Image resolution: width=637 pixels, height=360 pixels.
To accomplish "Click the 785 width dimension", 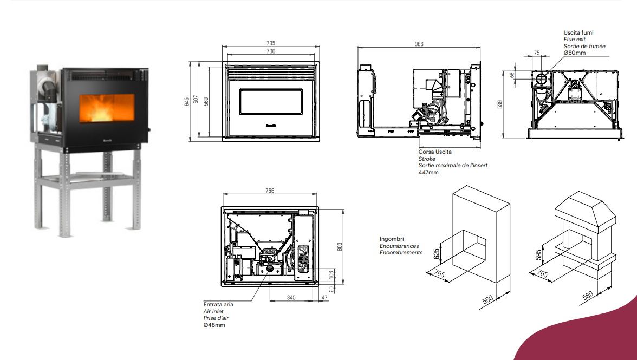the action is pyautogui.click(x=271, y=43).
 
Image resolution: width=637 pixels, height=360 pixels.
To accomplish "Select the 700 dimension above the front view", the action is pyautogui.click(x=271, y=51).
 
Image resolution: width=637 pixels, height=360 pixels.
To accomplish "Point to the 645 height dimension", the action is pyautogui.click(x=187, y=101).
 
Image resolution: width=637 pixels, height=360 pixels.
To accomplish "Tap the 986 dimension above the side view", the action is pyautogui.click(x=419, y=44).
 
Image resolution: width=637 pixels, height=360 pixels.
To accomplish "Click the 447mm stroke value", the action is pyautogui.click(x=428, y=172).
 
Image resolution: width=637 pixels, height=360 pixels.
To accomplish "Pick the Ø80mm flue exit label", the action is pyautogui.click(x=574, y=53).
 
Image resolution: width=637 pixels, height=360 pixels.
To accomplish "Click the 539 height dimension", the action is pyautogui.click(x=500, y=104).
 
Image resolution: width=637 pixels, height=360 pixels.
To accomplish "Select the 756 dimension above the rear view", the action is pyautogui.click(x=270, y=191).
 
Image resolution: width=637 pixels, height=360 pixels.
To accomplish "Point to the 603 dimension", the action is pyautogui.click(x=340, y=247).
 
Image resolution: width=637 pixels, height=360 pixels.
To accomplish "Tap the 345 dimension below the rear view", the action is pyautogui.click(x=291, y=298).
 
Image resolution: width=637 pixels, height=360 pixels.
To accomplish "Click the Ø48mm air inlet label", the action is pyautogui.click(x=214, y=325).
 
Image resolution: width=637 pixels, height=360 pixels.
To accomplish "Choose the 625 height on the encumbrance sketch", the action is pyautogui.click(x=437, y=254).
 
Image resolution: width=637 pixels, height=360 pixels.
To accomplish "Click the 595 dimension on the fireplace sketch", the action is pyautogui.click(x=538, y=255).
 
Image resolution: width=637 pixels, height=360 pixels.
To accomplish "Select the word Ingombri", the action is pyautogui.click(x=392, y=239).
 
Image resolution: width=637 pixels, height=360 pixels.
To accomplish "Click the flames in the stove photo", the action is pyautogui.click(x=106, y=109).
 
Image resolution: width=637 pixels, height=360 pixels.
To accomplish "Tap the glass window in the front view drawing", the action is pyautogui.click(x=271, y=102).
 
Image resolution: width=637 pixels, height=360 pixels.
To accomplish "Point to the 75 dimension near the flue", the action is pyautogui.click(x=537, y=53).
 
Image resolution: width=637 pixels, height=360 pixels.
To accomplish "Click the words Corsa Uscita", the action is pyautogui.click(x=435, y=152).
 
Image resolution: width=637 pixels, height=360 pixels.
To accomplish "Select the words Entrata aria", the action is pyautogui.click(x=218, y=304).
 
